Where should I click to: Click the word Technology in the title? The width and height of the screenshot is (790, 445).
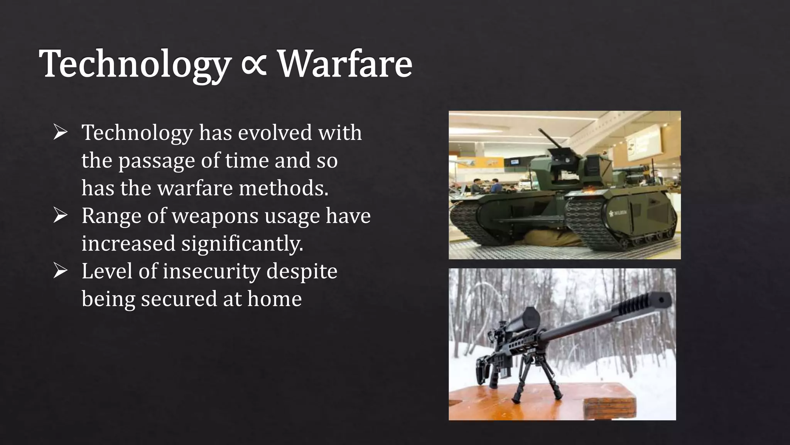[x=135, y=64]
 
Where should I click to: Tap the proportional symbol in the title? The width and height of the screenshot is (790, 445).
[x=254, y=64]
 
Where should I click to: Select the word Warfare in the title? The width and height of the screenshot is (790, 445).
[x=345, y=64]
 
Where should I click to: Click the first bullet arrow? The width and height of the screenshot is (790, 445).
[x=61, y=132]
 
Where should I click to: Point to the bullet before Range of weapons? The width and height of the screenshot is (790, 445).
[x=61, y=215]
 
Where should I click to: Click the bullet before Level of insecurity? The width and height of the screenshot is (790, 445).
[x=61, y=271]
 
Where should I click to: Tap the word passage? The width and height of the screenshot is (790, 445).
[x=156, y=161]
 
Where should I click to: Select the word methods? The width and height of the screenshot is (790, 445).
[x=284, y=188]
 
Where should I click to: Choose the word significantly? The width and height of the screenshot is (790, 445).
[x=242, y=244]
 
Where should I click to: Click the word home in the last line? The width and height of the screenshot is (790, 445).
[x=274, y=299]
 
